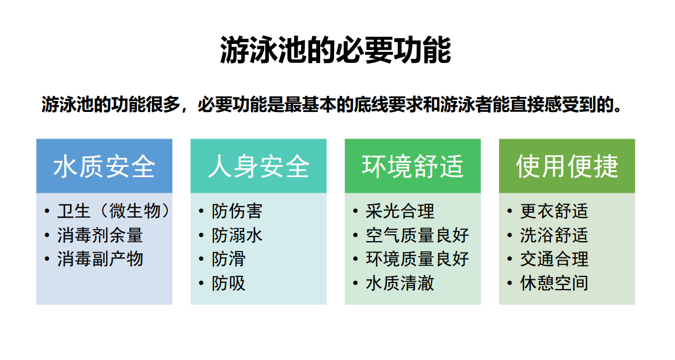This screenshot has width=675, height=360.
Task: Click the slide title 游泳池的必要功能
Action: pos(335,50)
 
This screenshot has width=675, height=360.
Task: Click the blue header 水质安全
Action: pos(104,166)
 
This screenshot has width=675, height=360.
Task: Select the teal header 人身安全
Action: pos(258,166)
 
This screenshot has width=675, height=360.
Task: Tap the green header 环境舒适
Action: pos(412,166)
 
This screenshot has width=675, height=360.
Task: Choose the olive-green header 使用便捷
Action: pos(567,166)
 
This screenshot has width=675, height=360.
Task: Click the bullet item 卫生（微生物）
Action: pos(114,211)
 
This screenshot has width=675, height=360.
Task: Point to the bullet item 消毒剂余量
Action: pos(100,235)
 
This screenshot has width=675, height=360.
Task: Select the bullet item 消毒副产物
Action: pos(100,259)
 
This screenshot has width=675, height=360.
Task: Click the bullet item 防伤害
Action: pos(237,211)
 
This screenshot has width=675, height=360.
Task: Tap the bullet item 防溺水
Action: pos(237,235)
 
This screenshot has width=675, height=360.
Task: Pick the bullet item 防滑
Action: pos(228,259)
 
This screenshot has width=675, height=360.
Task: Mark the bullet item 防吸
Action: pos(228,283)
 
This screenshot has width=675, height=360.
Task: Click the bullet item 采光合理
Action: pos(400,211)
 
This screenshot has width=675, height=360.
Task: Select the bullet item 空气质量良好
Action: pos(417,235)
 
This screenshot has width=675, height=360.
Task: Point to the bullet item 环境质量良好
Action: pos(417,259)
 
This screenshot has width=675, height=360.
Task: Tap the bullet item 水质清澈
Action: pos(400,283)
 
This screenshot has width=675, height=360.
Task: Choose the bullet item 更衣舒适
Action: pos(554,211)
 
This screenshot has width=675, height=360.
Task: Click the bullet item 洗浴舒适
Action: pos(554,235)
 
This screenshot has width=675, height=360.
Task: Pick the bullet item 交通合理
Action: pos(554,259)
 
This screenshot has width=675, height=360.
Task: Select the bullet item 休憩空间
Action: pos(554,283)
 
